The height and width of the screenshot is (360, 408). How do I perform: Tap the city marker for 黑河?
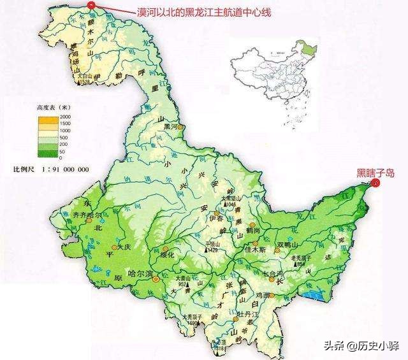(x=180, y=127)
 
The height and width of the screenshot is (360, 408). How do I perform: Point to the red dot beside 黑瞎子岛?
(x=375, y=183)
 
